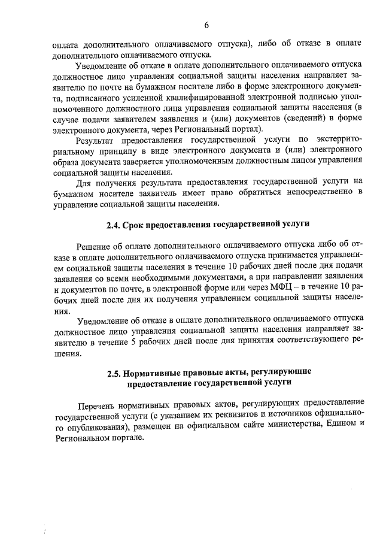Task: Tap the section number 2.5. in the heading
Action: coord(115,372)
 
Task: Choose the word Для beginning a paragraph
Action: coord(86,181)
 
